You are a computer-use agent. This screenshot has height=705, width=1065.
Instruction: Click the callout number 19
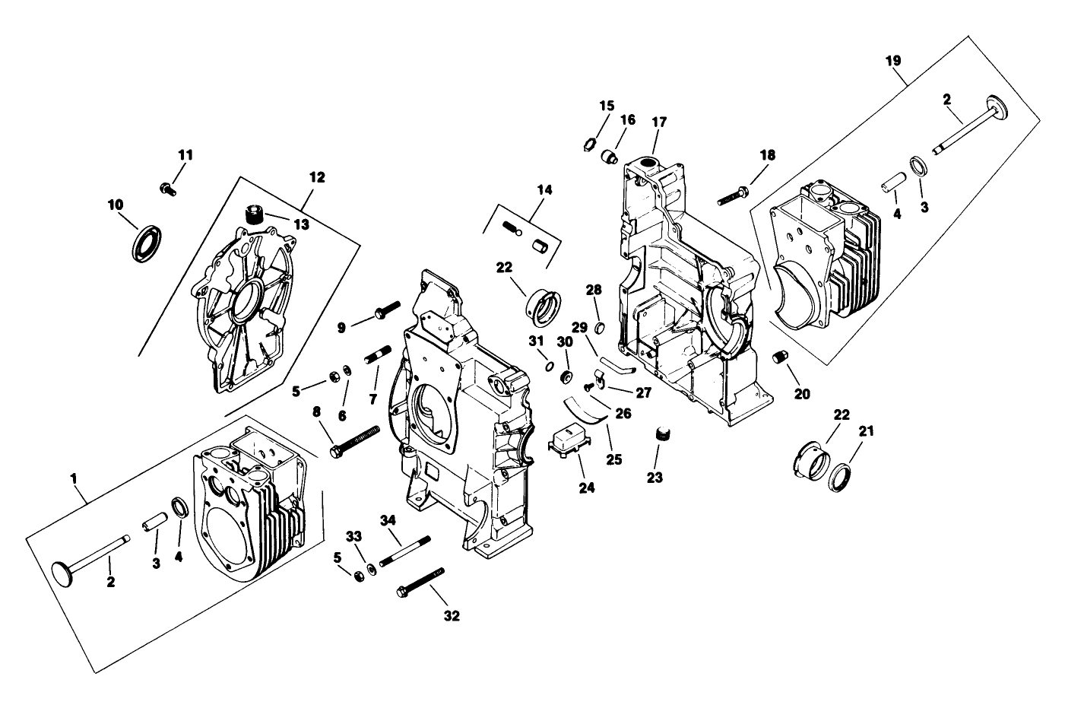(894, 59)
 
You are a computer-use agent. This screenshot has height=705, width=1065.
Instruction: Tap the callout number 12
(317, 177)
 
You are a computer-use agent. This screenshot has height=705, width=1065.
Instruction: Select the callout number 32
(452, 616)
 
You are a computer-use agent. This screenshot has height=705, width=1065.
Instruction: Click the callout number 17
(658, 122)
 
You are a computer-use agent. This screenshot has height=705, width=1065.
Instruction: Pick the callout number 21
(866, 430)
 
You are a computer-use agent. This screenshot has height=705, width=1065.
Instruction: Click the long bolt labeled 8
(354, 441)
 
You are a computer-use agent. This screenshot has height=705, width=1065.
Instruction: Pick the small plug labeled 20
(777, 357)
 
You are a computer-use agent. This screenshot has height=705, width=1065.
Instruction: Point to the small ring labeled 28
(599, 329)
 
